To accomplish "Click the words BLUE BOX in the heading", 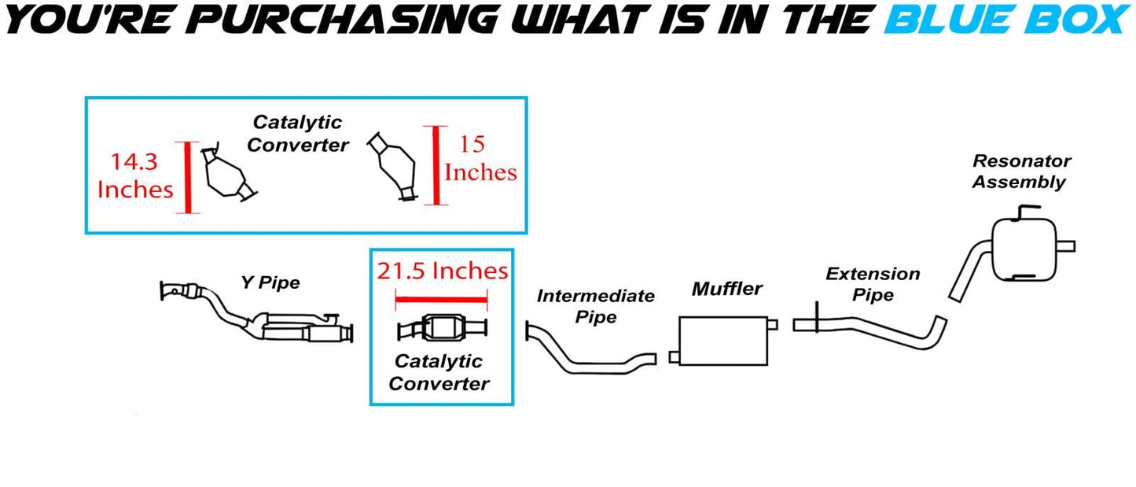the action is [1008, 20].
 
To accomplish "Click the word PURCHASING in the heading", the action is [346, 20].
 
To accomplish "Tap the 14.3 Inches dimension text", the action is [135, 175].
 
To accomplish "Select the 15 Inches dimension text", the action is [480, 158].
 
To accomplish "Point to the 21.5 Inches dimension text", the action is [443, 271].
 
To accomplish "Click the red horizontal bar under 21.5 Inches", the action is [441, 300].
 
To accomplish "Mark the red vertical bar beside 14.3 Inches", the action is [188, 178].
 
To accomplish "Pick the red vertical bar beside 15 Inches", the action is [436, 165].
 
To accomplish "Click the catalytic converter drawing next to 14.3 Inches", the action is [228, 173].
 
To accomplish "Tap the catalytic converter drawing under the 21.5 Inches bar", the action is [443, 327].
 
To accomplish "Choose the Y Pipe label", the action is [270, 282].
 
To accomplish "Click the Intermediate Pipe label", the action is [596, 306].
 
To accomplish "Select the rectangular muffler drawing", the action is [723, 341].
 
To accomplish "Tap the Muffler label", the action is [726, 289].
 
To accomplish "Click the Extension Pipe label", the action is [873, 284].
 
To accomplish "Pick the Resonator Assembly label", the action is [1021, 172].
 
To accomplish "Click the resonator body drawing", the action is [1024, 249].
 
